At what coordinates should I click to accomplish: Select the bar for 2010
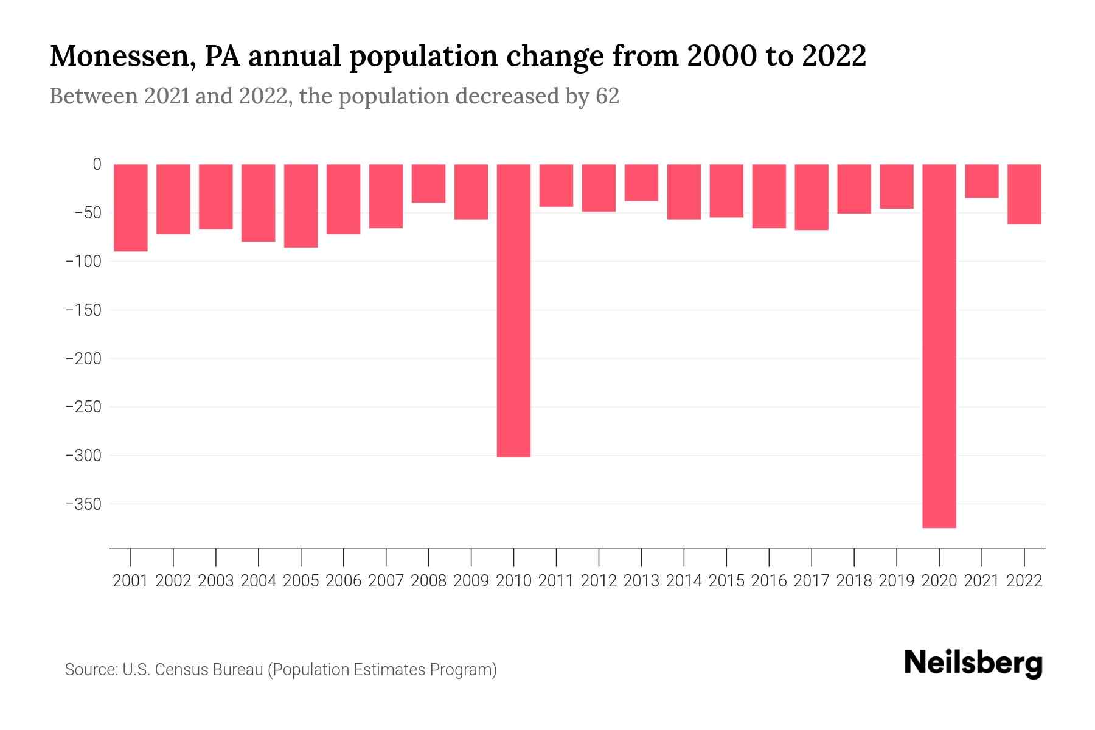pyautogui.click(x=513, y=310)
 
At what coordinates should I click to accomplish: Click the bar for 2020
pyautogui.click(x=939, y=346)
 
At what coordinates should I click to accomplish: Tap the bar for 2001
pyautogui.click(x=131, y=207)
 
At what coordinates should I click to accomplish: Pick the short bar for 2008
pyautogui.click(x=428, y=183)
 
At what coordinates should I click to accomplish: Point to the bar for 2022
pyautogui.click(x=1024, y=194)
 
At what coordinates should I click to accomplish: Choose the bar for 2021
pyautogui.click(x=981, y=181)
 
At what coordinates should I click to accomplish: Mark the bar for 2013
pyautogui.click(x=641, y=182)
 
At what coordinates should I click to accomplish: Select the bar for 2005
pyautogui.click(x=301, y=206)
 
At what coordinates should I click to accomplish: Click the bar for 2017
pyautogui.click(x=811, y=197)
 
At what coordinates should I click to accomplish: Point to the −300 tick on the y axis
pyautogui.click(x=83, y=456)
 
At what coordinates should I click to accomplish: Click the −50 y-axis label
pyautogui.click(x=88, y=213)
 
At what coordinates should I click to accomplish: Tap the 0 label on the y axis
pyautogui.click(x=97, y=164)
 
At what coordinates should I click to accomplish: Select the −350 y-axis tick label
pyautogui.click(x=83, y=504)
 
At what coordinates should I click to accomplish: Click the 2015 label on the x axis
pyautogui.click(x=726, y=581)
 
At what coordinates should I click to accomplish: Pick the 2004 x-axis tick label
pyautogui.click(x=258, y=581)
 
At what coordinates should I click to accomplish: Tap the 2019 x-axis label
pyautogui.click(x=896, y=581)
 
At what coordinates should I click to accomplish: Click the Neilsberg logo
pyautogui.click(x=973, y=663)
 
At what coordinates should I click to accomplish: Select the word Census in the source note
pyautogui.click(x=179, y=670)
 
